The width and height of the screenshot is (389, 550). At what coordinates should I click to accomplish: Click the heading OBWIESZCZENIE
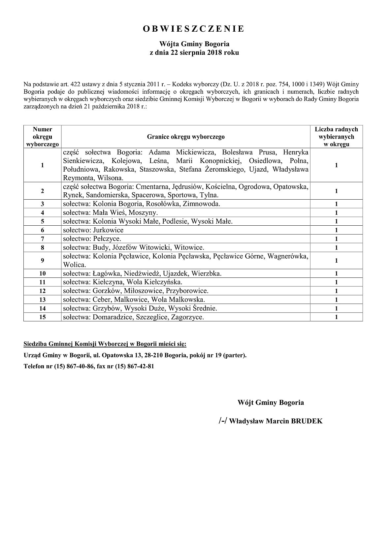pos(194,29)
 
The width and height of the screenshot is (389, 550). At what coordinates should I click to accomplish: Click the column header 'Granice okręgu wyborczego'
pos(186,137)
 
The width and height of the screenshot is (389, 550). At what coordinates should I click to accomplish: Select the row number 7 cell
pos(43,239)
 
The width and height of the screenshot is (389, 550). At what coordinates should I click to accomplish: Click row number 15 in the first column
pos(43,317)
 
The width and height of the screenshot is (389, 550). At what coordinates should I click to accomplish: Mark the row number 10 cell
pos(43,273)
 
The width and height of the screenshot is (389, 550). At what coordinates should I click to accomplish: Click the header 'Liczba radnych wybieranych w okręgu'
pos(336,137)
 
